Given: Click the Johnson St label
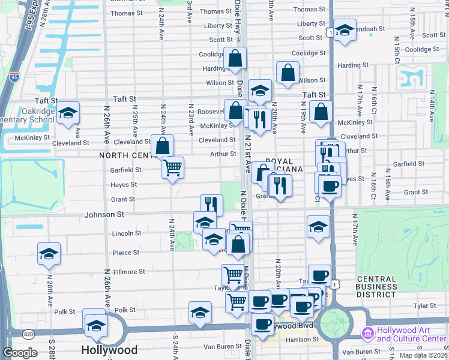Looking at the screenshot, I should click(104, 214).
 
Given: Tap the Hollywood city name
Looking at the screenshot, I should click(109, 350).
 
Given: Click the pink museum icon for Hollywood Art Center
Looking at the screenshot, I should click(367, 333).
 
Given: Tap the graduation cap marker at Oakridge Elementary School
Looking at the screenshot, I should click(68, 113).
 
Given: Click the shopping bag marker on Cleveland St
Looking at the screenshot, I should click(162, 145).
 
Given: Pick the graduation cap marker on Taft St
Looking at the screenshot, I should click(260, 91).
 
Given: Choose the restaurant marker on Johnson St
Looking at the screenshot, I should click(211, 205).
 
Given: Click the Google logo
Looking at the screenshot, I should click(20, 352).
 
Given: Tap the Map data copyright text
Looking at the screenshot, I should click(424, 355).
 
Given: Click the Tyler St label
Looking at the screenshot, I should click(424, 306).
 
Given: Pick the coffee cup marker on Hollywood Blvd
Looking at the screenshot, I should click(261, 325).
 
